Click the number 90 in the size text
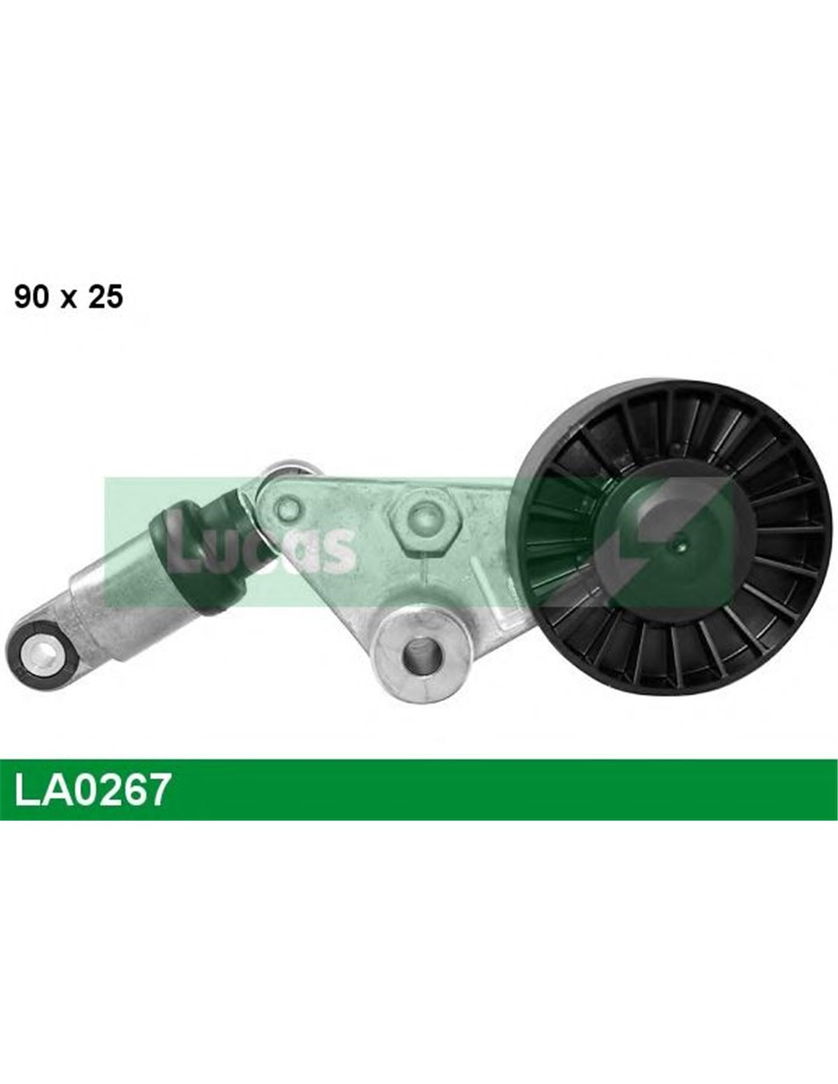tap(32, 297)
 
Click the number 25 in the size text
tap(105, 297)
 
